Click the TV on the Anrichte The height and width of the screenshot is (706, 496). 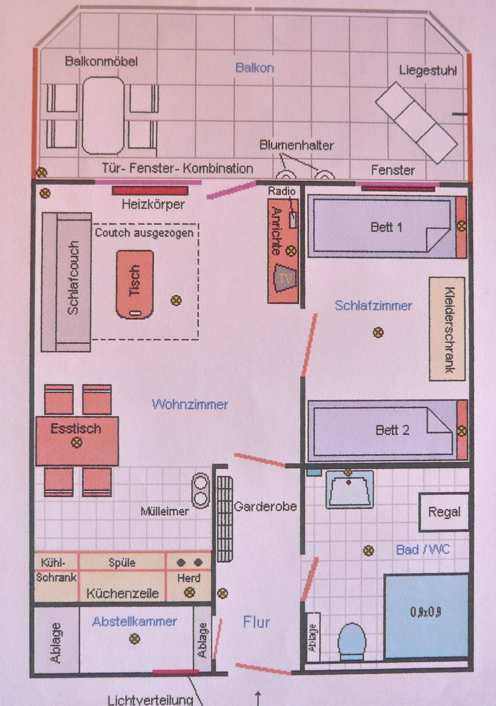tap(286, 278)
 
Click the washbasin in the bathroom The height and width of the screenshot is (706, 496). tap(350, 489)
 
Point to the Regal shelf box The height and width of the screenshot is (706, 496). tap(444, 512)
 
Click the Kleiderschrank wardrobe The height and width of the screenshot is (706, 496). tap(447, 329)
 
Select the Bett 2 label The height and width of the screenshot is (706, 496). tap(392, 430)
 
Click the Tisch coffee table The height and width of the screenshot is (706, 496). tap(135, 284)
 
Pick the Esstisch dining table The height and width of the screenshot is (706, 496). tap(77, 441)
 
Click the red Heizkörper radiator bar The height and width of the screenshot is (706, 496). tap(150, 191)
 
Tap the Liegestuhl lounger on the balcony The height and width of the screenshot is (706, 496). tap(416, 123)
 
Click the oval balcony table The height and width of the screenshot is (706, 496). tap(103, 116)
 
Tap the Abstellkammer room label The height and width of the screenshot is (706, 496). tap(134, 622)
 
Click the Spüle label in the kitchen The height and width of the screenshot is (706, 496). tap(122, 563)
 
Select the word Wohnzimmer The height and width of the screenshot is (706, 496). tap(189, 404)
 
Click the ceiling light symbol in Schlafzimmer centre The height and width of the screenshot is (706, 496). tap(378, 332)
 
